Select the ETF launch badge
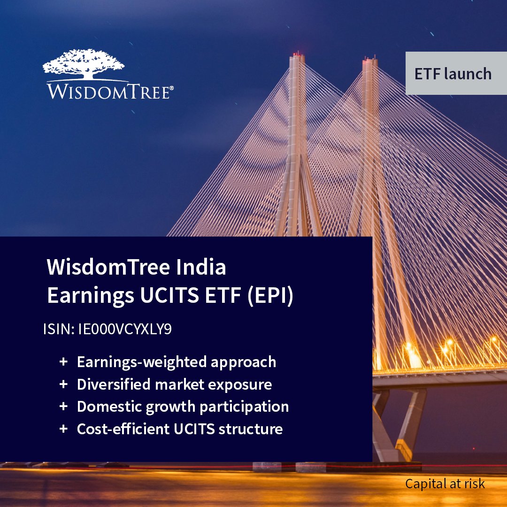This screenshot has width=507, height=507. (453, 74)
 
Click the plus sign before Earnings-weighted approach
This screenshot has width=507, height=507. (63, 362)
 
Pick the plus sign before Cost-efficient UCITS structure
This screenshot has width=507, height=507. (63, 429)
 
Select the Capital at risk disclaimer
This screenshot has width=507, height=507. (445, 484)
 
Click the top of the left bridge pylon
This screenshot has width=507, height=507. (297, 57)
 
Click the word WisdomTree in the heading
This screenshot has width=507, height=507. (108, 268)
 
